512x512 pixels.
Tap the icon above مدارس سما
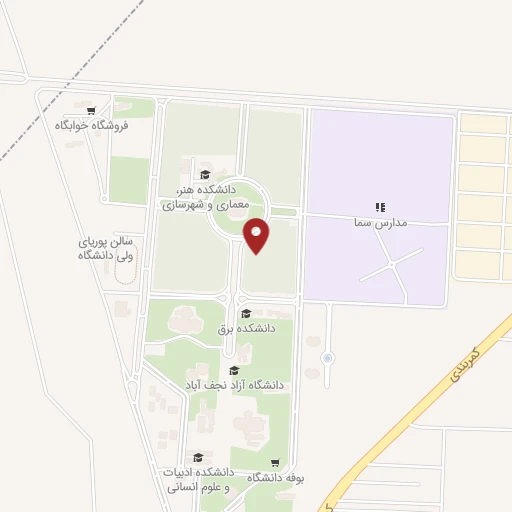(379, 206)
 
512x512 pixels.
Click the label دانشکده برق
(247, 327)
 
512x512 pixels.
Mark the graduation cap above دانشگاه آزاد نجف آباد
(234, 370)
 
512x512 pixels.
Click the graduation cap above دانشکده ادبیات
(198, 457)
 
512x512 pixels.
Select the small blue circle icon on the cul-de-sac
(328, 358)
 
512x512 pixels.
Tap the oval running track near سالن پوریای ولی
(122, 275)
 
